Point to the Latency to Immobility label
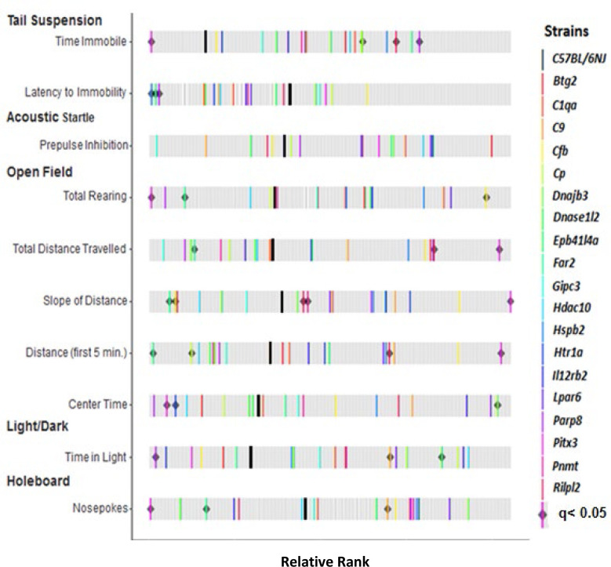[x=75, y=93]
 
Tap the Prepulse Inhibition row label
[x=84, y=145]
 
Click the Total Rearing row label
[x=95, y=196]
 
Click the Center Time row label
[x=97, y=405]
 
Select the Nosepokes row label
[x=100, y=508]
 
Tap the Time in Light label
[x=96, y=456]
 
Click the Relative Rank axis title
[x=324, y=560]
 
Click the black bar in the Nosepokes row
[x=304, y=509]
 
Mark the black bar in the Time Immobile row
[x=205, y=42]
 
